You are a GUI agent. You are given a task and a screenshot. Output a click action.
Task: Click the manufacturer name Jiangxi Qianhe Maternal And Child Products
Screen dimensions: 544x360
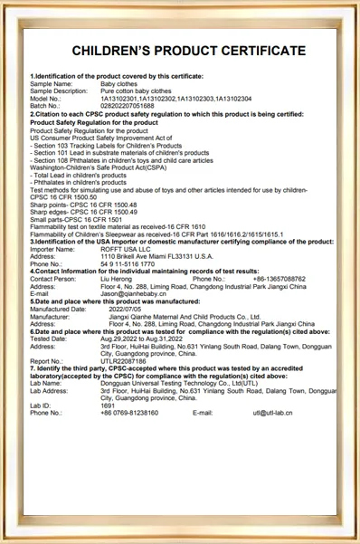pyautogui.click(x=185, y=316)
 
